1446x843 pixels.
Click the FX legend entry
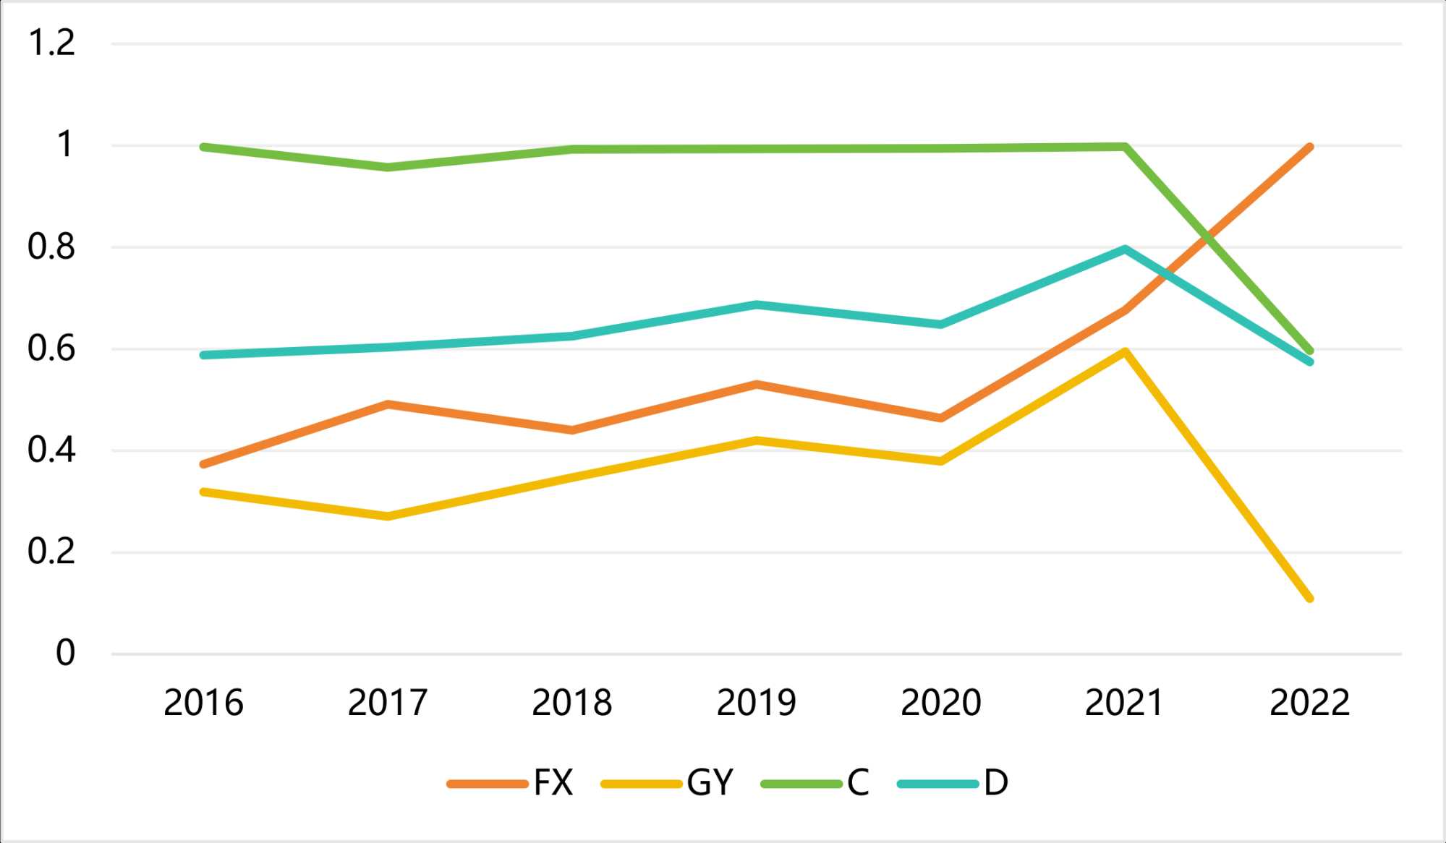[511, 783]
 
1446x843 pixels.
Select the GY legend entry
[667, 783]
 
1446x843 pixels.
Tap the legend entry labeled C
[815, 783]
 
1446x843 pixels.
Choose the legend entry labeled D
[953, 783]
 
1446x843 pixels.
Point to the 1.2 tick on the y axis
[51, 43]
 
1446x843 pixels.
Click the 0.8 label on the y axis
[51, 247]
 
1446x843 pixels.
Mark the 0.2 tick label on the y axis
[51, 552]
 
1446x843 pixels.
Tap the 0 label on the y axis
[65, 654]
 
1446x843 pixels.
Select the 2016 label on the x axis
[203, 703]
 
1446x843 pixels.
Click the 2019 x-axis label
[756, 703]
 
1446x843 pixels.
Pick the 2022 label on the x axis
[1309, 703]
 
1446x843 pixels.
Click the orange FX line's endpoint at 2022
[1309, 147]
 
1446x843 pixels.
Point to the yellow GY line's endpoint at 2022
[1309, 598]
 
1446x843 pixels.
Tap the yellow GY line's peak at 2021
[1125, 351]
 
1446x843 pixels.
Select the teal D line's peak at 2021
[1125, 249]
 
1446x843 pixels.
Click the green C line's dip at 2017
[388, 167]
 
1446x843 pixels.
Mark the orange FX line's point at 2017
[388, 404]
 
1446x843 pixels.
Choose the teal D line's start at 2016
[204, 355]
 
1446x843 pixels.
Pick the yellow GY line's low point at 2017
[388, 516]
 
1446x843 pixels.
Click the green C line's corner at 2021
[1125, 147]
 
